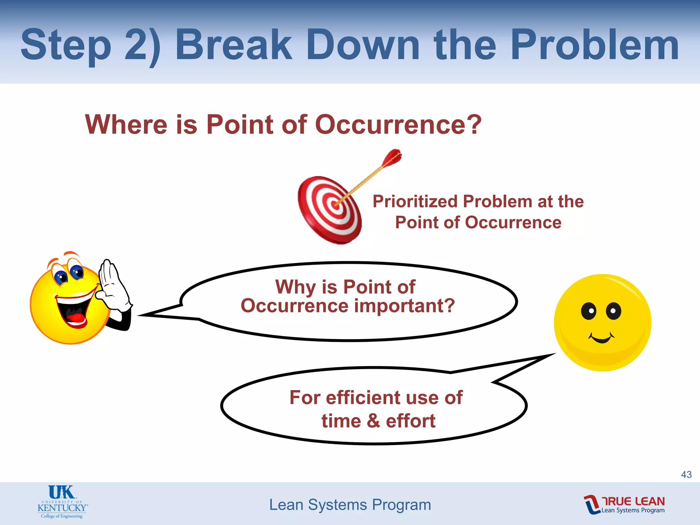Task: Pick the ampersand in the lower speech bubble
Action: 374,421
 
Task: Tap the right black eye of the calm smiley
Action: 613,311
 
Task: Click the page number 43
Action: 686,474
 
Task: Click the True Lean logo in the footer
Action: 624,504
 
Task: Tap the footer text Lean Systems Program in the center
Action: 350,505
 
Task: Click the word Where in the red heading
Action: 126,124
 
